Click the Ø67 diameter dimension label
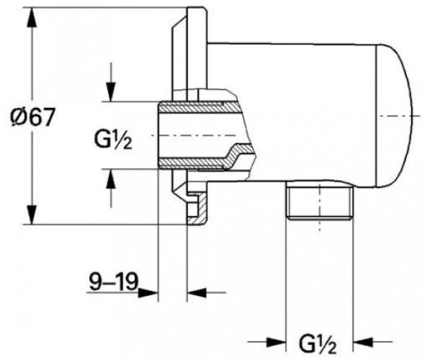pyautogui.click(x=31, y=117)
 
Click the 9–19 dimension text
pyautogui.click(x=113, y=282)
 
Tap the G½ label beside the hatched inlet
pyautogui.click(x=113, y=140)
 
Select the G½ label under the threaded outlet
pyautogui.click(x=318, y=344)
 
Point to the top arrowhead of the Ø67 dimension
pyautogui.click(x=31, y=18)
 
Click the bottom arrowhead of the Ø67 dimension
pyautogui.click(x=31, y=215)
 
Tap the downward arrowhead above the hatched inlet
pyautogui.click(x=111, y=92)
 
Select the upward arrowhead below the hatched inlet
pyautogui.click(x=111, y=178)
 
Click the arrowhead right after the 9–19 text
pyautogui.click(x=148, y=293)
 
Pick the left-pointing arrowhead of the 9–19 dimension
pyautogui.click(x=196, y=293)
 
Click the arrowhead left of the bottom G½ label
pyautogui.click(x=275, y=342)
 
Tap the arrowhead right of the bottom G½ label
pyautogui.click(x=363, y=342)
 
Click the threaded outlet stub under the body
pyautogui.click(x=319, y=200)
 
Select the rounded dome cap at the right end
pyautogui.click(x=396, y=116)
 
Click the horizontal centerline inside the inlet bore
pyautogui.click(x=193, y=135)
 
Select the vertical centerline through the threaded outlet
pyautogui.click(x=320, y=207)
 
